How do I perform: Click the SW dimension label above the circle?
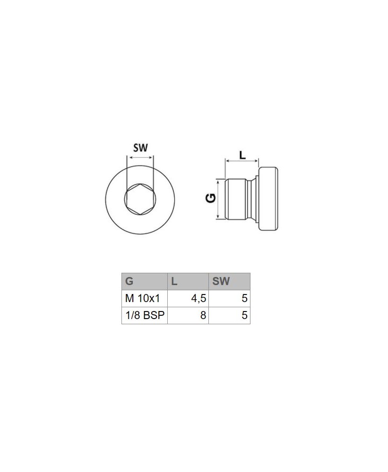(140, 147)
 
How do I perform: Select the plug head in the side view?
(268, 199)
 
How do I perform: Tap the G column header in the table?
(129, 282)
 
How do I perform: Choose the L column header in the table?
(174, 282)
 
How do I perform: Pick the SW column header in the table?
(221, 282)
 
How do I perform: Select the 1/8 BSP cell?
(144, 315)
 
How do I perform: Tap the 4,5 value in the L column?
(198, 298)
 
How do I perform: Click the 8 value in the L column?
(203, 315)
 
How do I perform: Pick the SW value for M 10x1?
(244, 298)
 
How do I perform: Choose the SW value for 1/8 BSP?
(244, 315)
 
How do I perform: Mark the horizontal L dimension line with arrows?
(242, 161)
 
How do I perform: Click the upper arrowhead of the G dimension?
(218, 181)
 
